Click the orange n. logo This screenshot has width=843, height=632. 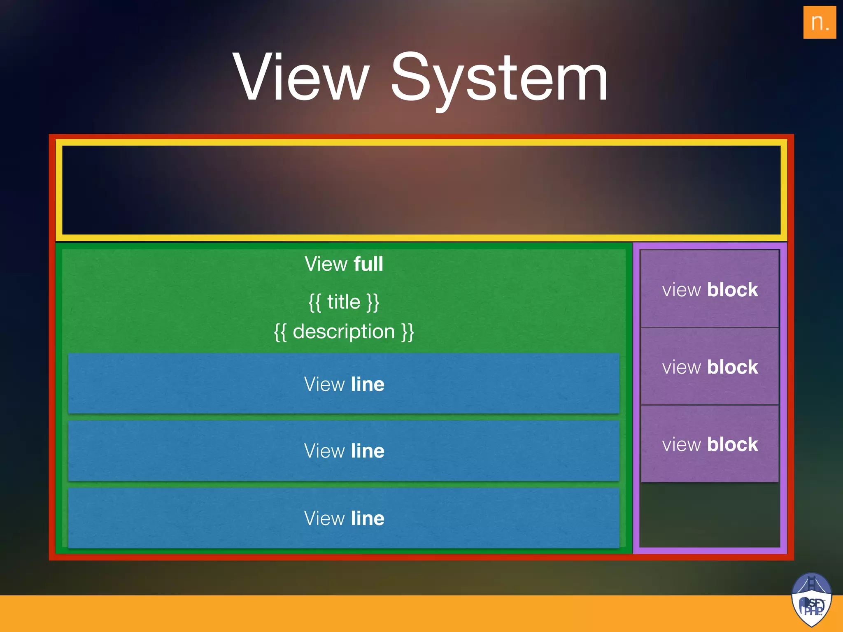click(x=819, y=22)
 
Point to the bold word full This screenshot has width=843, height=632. click(x=368, y=264)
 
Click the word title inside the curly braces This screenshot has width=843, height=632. click(x=344, y=302)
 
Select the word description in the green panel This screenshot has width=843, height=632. click(x=344, y=332)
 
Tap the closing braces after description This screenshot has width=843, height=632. click(x=408, y=332)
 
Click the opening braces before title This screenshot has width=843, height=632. click(x=315, y=302)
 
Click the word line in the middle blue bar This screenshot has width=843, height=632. click(x=368, y=451)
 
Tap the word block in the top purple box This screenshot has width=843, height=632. click(x=732, y=290)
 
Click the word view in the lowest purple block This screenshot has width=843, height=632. click(x=681, y=445)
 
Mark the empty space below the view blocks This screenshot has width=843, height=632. click(x=710, y=514)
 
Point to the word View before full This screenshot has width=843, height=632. click(x=324, y=264)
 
